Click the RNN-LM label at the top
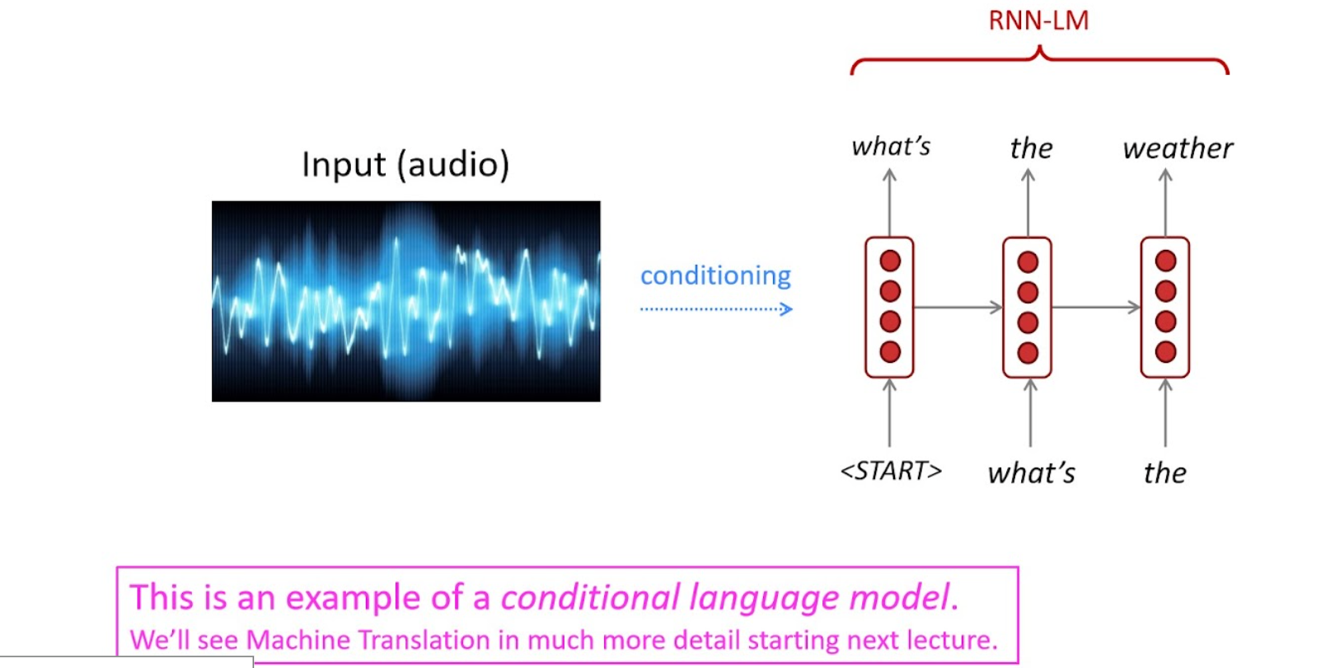click(1038, 21)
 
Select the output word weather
click(1178, 148)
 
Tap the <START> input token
click(891, 471)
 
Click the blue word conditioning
click(715, 275)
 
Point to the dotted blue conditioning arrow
click(715, 309)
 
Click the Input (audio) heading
click(405, 164)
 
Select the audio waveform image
click(405, 301)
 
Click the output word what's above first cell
click(891, 147)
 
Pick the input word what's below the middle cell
click(1032, 473)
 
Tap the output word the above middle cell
click(1031, 148)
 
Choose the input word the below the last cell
click(1164, 473)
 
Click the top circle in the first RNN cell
click(890, 261)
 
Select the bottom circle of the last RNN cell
click(1165, 353)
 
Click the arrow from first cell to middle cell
click(958, 308)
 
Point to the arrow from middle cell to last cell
click(1096, 308)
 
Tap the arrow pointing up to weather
click(1165, 202)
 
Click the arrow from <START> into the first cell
click(889, 412)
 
